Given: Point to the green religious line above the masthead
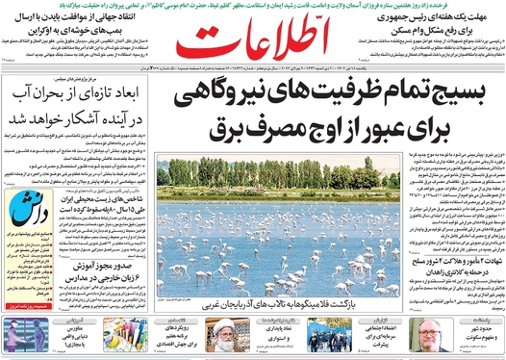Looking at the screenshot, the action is tap(252, 7).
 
